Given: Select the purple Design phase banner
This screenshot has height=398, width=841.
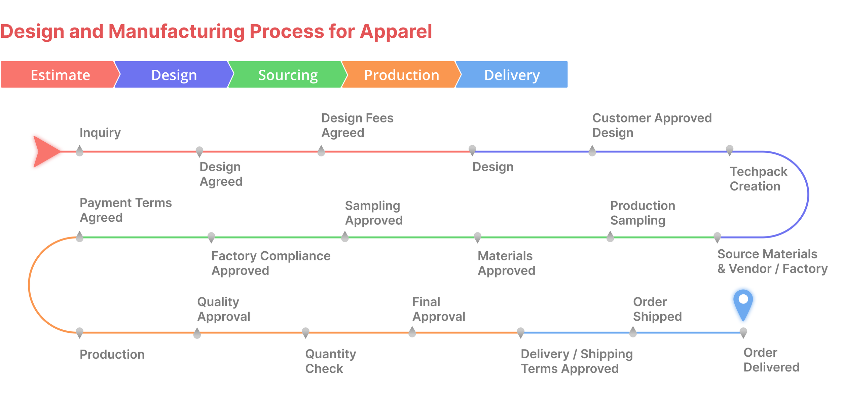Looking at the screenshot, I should tap(174, 75).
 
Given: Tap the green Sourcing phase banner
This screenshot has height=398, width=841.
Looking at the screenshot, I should tap(288, 75).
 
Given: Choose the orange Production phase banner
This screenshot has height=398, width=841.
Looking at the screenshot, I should tap(401, 75).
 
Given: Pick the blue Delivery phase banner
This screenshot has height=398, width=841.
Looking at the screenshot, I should tap(512, 75).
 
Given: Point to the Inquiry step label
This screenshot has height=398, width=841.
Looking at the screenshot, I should tap(100, 133).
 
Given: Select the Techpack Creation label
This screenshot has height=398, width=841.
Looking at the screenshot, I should tap(758, 179).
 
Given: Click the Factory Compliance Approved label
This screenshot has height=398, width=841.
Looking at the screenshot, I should tap(270, 263).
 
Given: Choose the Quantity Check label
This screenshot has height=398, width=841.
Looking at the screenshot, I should tap(330, 361).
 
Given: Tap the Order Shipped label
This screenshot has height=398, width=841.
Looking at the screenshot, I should tap(657, 309).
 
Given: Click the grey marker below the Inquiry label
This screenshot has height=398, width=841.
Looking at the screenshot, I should tap(80, 151).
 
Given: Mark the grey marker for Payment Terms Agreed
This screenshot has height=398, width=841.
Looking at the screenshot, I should tap(80, 237).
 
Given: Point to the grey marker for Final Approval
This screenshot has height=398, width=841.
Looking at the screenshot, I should tap(412, 332).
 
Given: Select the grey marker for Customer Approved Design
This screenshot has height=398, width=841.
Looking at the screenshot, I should tap(592, 151).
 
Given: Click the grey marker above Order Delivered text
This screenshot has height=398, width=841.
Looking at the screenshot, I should tap(743, 332).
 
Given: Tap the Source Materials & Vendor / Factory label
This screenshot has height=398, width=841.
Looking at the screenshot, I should tap(772, 261).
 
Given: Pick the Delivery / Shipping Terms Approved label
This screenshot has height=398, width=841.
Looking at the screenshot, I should tap(576, 361).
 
